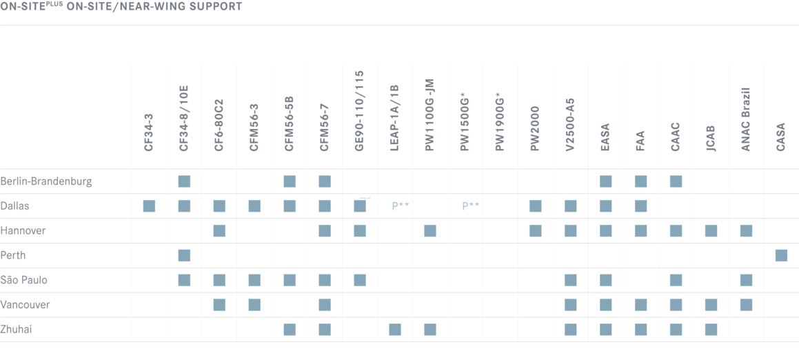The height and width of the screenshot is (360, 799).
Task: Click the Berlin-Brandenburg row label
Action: [46, 181]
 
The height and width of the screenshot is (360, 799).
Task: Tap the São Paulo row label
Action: [24, 280]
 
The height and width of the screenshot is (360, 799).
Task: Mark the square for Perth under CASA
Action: [781, 255]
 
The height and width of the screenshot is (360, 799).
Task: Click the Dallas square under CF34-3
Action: [150, 206]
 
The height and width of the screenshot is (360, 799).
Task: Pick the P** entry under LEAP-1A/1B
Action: [401, 206]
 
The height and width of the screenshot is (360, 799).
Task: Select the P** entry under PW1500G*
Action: [470, 206]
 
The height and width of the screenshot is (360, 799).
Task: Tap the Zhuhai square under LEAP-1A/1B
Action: [395, 330]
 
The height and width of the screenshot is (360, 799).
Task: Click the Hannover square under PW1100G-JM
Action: [430, 231]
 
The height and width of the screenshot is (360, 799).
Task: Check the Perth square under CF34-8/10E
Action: [185, 255]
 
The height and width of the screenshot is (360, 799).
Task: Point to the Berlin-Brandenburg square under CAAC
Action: [676, 181]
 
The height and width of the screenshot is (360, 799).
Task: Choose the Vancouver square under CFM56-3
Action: [255, 305]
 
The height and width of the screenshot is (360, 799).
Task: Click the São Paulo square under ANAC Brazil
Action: [747, 280]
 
